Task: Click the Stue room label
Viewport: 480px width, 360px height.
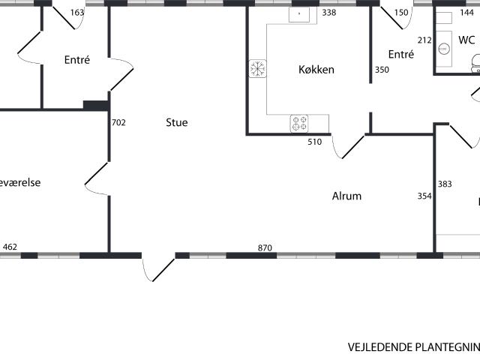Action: [x=177, y=122]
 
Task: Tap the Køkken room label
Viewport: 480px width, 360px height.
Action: [x=316, y=70]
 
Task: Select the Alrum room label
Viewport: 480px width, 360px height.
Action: [x=346, y=196]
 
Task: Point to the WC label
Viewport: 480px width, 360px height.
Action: [x=466, y=40]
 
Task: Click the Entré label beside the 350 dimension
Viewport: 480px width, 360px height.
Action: [x=401, y=54]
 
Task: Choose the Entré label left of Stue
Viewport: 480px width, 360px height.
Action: [x=77, y=60]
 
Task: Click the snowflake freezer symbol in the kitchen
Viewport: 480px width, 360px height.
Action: [x=257, y=69]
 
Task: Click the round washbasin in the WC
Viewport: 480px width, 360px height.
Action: [x=444, y=49]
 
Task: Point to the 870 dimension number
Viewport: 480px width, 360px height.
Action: [x=265, y=248]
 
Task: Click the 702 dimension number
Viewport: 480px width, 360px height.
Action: [x=118, y=122]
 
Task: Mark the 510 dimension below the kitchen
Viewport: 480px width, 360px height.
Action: [x=315, y=141]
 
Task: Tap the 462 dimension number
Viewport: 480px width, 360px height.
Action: [x=10, y=246]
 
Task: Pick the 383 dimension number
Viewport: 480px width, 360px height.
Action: [x=445, y=184]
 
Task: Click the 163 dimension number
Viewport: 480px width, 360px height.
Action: [x=77, y=13]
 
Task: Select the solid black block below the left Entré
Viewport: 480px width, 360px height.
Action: [x=95, y=106]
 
